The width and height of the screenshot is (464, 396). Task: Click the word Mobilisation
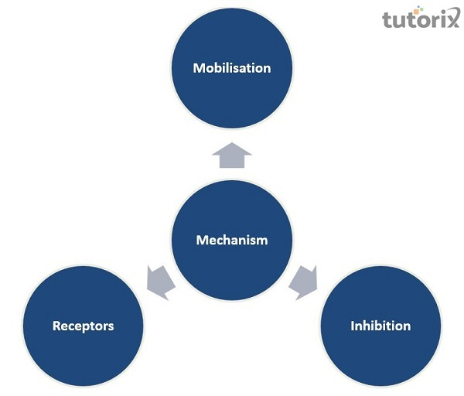click(x=232, y=68)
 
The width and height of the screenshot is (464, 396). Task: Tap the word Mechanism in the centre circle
click(x=232, y=240)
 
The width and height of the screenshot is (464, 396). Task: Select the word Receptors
click(x=83, y=326)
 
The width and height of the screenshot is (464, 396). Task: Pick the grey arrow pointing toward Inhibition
click(x=303, y=282)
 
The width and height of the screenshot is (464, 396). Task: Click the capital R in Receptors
click(x=56, y=326)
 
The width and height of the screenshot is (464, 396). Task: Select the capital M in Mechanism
click(x=201, y=240)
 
